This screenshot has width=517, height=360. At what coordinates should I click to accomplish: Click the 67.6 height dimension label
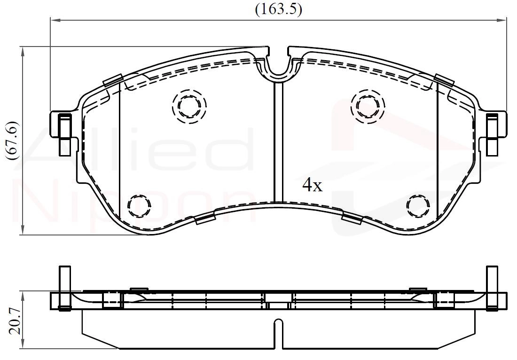(14, 141)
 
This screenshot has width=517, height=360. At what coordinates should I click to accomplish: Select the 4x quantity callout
(312, 186)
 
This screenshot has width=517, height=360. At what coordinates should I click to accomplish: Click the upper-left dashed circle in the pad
(189, 106)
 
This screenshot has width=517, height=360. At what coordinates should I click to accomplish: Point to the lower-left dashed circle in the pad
(140, 205)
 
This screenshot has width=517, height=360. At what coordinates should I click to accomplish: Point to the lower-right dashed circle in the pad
(418, 205)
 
